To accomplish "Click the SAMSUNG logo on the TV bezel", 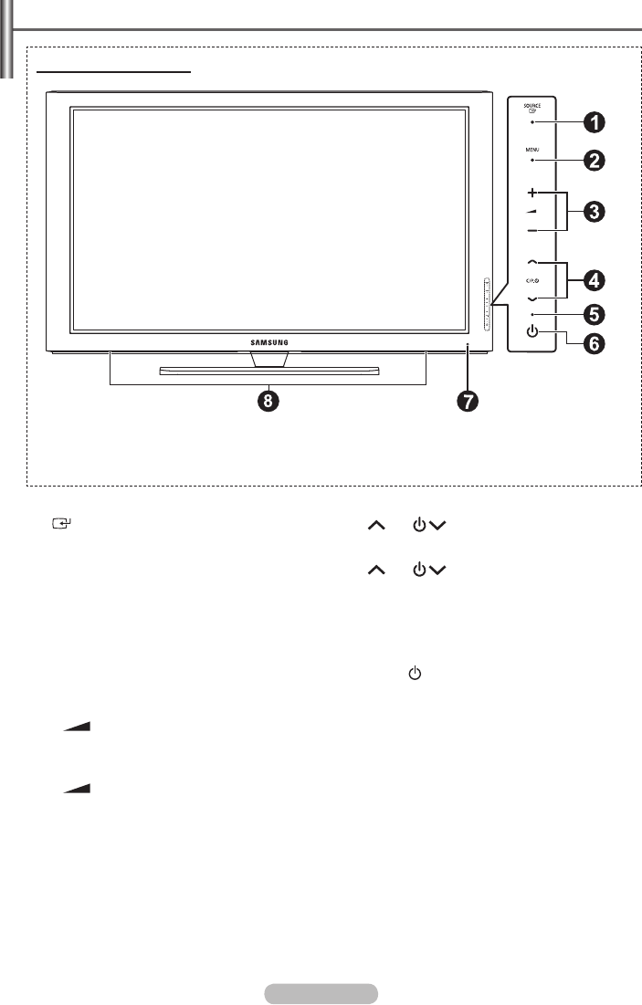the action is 269,342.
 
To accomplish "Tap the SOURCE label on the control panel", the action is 531,106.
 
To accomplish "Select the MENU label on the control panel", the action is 531,148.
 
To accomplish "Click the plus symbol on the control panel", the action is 531,194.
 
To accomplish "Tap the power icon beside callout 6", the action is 531,330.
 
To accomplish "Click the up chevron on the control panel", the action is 531,263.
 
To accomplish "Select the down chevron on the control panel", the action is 531,298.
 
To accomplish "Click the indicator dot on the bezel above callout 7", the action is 468,345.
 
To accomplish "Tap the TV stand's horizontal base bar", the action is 268,371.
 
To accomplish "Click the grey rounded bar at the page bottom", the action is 320,993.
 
